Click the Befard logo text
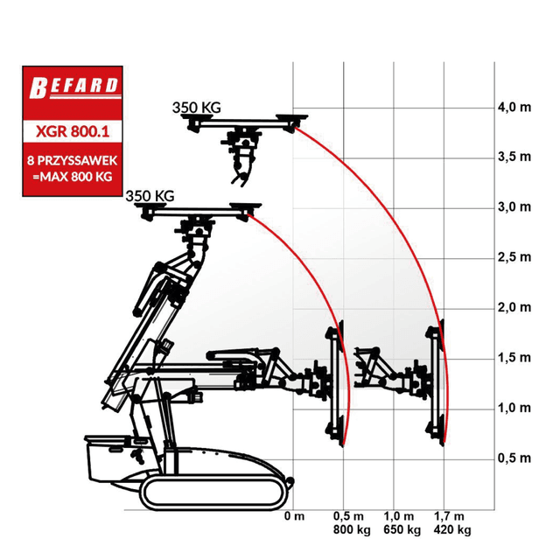[73, 87]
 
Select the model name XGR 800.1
[73, 131]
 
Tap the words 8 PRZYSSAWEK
[72, 161]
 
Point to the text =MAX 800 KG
[73, 177]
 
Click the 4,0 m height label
[514, 107]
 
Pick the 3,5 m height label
[514, 157]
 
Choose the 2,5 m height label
[514, 257]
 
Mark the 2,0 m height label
[514, 307]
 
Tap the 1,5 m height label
[514, 358]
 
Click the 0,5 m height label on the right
[514, 458]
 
